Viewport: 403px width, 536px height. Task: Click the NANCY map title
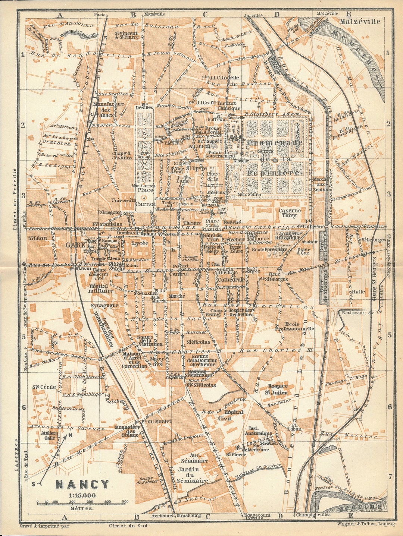[82, 484]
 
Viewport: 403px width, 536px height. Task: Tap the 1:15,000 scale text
[82, 495]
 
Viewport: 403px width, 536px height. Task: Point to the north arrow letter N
[70, 435]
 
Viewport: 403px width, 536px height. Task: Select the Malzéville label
[360, 21]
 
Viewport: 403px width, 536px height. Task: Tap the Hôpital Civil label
[234, 415]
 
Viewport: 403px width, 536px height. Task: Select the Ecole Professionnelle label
[294, 326]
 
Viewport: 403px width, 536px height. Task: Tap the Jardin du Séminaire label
[193, 475]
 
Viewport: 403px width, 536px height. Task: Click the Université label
[123, 200]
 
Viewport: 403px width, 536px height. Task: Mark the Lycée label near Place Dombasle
[140, 243]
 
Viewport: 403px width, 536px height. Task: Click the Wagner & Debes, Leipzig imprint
[366, 524]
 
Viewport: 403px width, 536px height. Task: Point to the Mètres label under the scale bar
[82, 508]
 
